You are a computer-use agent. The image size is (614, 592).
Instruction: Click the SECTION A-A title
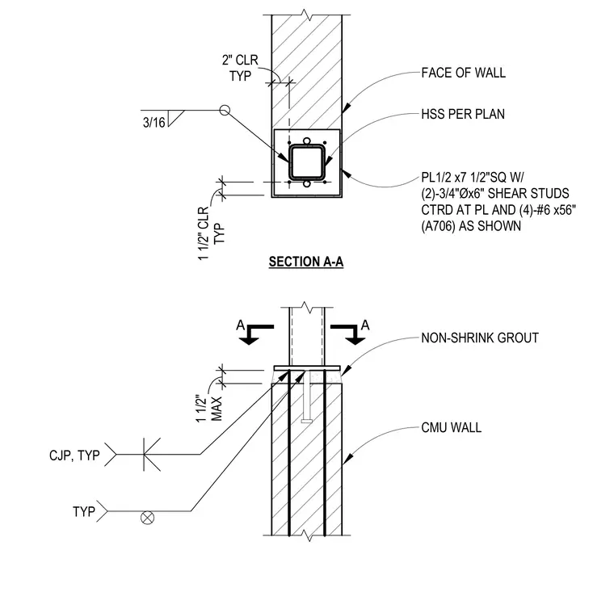click(x=306, y=262)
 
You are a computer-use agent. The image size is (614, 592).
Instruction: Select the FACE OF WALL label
click(x=463, y=73)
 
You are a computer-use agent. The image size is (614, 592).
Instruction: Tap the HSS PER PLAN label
click(x=463, y=114)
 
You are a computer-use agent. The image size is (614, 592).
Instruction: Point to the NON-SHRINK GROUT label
click(x=480, y=338)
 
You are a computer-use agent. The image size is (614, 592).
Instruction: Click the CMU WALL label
click(x=451, y=427)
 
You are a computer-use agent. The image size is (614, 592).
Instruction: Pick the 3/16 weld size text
click(x=153, y=123)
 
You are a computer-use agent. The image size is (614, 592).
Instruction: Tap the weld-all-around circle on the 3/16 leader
click(x=225, y=111)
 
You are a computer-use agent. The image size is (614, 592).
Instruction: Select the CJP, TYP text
click(x=74, y=456)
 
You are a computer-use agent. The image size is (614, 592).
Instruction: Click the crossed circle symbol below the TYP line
click(x=147, y=518)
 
